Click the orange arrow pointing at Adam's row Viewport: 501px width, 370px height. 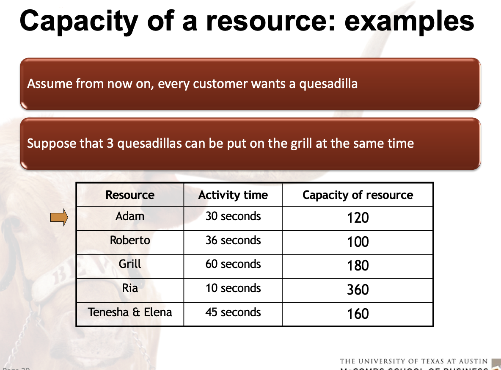59,218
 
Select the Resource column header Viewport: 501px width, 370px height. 130,195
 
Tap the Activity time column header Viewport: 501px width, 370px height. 233,195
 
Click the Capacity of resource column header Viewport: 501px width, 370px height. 358,195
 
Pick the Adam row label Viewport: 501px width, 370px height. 130,216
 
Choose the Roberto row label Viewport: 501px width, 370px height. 130,240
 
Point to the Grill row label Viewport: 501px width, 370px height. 130,264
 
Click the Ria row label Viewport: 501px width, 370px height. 130,288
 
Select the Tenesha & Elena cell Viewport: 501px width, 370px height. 130,312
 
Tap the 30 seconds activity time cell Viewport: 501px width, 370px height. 233,216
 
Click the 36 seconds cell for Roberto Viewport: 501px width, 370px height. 233,240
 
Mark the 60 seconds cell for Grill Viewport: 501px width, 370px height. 233,264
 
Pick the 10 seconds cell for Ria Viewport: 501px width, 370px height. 233,288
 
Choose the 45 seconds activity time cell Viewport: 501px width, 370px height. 233,312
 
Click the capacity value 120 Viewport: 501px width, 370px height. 358,218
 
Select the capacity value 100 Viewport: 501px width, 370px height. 358,242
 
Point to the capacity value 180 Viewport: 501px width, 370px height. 358,266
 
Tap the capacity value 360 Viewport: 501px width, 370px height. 358,290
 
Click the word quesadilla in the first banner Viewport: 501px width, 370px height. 328,84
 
